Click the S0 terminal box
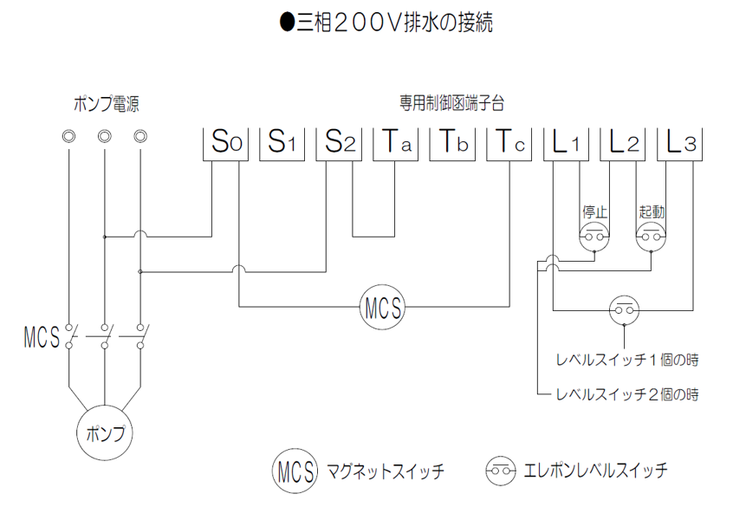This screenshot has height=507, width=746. [225, 144]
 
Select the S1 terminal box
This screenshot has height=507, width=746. [282, 144]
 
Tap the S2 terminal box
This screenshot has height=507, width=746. [339, 144]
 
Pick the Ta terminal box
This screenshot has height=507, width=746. [395, 144]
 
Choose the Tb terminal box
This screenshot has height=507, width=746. [452, 144]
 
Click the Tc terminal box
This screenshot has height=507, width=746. [509, 144]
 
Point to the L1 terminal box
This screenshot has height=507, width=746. [566, 144]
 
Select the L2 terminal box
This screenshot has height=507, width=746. [623, 144]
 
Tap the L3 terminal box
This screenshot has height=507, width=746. [679, 144]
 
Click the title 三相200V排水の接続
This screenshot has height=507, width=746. [386, 23]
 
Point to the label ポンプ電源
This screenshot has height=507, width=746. [106, 104]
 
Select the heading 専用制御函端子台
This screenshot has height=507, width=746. [451, 103]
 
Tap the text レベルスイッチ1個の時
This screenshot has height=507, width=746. [627, 360]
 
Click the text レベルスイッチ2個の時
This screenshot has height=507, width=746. [627, 394]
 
